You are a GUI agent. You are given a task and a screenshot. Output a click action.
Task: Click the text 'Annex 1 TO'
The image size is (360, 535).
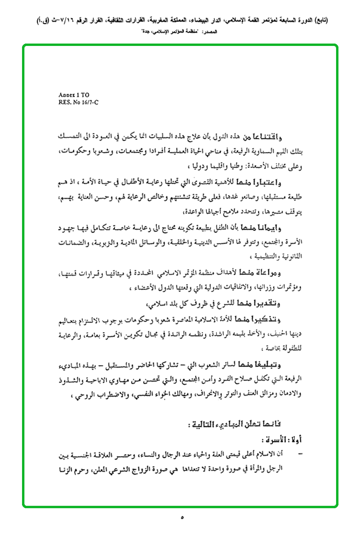pos(70,95)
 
